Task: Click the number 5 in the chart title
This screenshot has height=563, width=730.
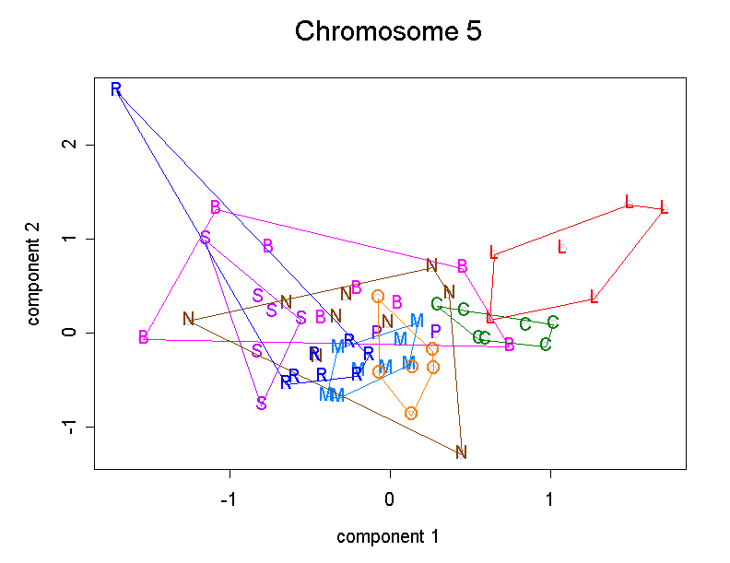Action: (473, 32)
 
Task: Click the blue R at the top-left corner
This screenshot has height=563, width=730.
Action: (116, 89)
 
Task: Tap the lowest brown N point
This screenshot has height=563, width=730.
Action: (462, 452)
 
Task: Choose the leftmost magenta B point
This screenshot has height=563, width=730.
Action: (144, 337)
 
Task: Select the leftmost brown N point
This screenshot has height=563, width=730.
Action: (189, 320)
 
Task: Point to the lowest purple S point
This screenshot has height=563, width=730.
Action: (262, 404)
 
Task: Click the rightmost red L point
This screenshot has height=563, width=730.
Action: (664, 208)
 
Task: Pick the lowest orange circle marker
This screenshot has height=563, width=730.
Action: (411, 413)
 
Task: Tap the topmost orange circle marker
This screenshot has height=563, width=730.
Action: (378, 296)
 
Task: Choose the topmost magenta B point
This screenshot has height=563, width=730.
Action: (216, 207)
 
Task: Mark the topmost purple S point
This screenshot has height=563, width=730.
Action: (206, 239)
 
